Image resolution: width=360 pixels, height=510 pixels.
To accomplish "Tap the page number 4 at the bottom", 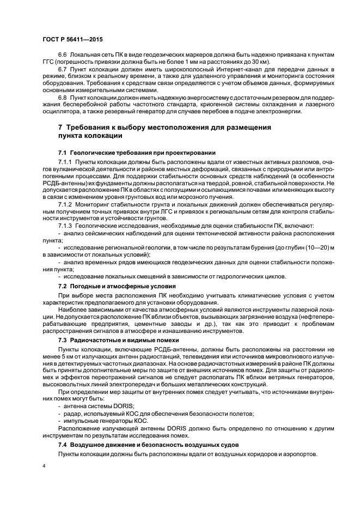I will [x=44, y=466].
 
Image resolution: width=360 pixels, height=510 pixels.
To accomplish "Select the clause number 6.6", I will [x=62, y=57].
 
